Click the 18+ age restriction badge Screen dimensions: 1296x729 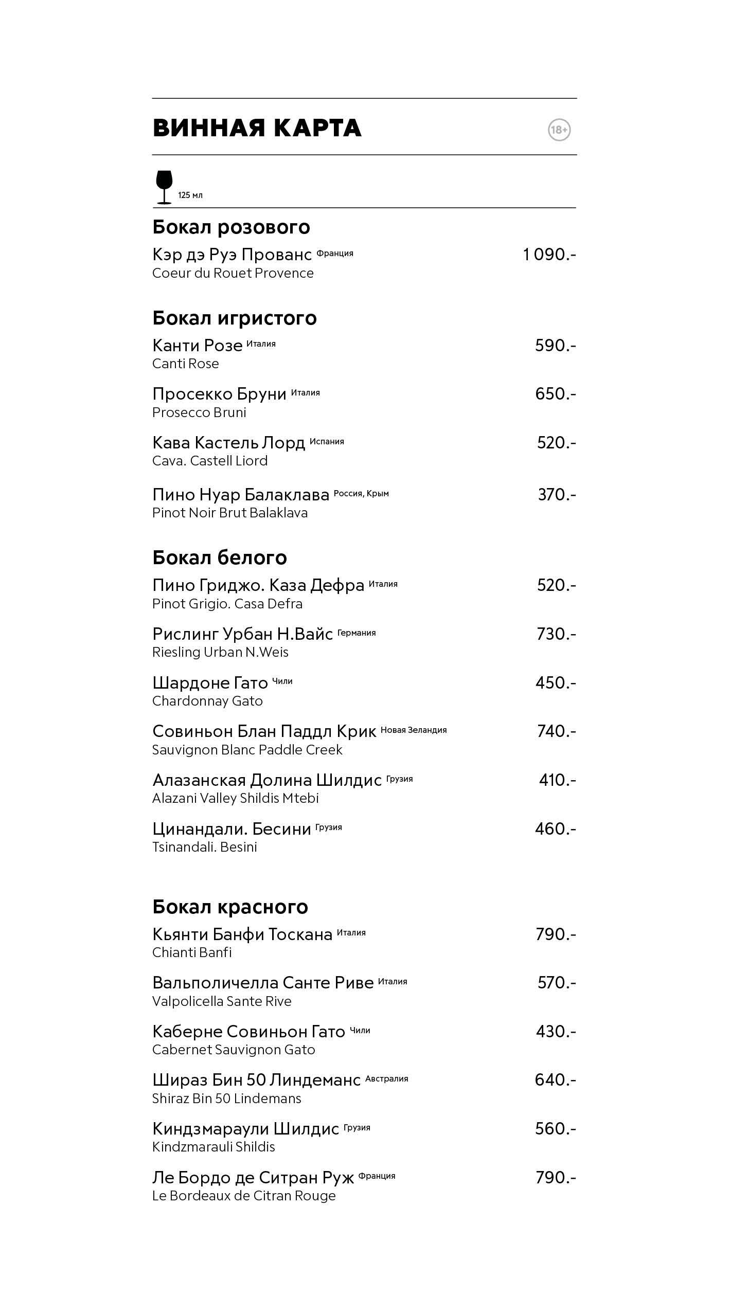[559, 130]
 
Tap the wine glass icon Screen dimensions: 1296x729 [164, 187]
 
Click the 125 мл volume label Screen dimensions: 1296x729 [190, 195]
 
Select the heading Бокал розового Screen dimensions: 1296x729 [231, 227]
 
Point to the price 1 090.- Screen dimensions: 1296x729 [549, 254]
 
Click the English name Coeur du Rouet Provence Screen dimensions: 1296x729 [233, 273]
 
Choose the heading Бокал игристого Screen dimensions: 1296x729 [234, 318]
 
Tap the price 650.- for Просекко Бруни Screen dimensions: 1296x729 [555, 393]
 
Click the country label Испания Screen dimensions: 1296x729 [327, 441]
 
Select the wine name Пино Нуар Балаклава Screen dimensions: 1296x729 [240, 494]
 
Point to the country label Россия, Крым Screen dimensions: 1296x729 [361, 494]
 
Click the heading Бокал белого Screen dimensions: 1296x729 [219, 557]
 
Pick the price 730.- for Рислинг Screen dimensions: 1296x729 [556, 634]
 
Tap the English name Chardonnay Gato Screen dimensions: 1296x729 [207, 701]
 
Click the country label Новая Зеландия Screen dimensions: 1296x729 [414, 730]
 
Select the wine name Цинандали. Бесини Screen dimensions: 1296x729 [232, 829]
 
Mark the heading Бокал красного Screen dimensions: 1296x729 [230, 907]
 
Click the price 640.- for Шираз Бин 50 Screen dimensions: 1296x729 [555, 1079]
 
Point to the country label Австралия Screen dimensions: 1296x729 [386, 1078]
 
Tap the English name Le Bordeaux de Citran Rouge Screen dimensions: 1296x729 [244, 1196]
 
